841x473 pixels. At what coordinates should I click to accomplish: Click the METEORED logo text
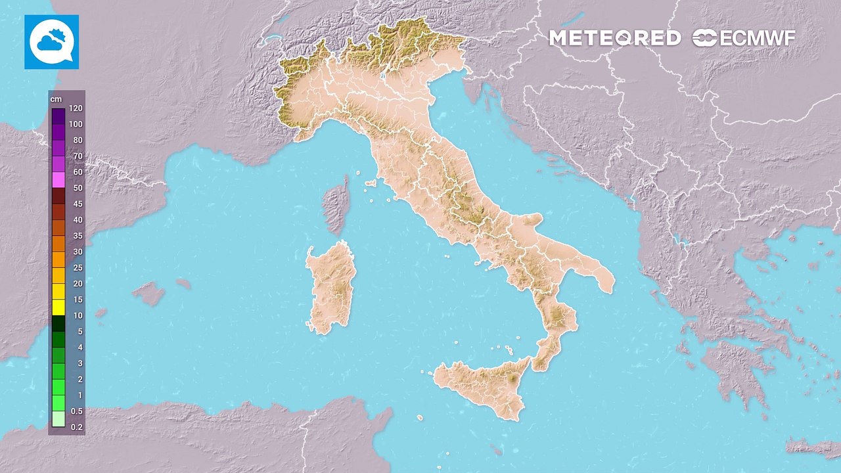[614, 38]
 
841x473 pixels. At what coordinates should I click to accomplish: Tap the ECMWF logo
[744, 38]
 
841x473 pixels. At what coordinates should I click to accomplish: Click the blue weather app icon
[51, 42]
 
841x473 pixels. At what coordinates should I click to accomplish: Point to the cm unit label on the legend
[56, 99]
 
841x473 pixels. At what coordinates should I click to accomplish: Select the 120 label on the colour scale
[75, 109]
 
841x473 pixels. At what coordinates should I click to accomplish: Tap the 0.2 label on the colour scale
[76, 426]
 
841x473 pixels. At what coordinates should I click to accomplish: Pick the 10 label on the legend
[78, 315]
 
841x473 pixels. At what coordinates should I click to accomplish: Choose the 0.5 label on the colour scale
[76, 411]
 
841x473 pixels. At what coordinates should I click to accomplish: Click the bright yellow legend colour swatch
[58, 307]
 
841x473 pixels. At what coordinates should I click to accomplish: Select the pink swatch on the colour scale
[58, 180]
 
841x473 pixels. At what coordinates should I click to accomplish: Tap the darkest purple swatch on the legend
[58, 116]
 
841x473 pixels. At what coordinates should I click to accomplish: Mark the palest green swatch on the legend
[58, 418]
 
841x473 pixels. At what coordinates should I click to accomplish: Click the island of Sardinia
[332, 286]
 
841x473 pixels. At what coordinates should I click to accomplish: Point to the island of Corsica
[336, 205]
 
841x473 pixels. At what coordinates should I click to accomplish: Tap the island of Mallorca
[149, 293]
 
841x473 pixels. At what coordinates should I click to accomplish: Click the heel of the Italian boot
[601, 276]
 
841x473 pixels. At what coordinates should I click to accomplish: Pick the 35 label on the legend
[78, 236]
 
